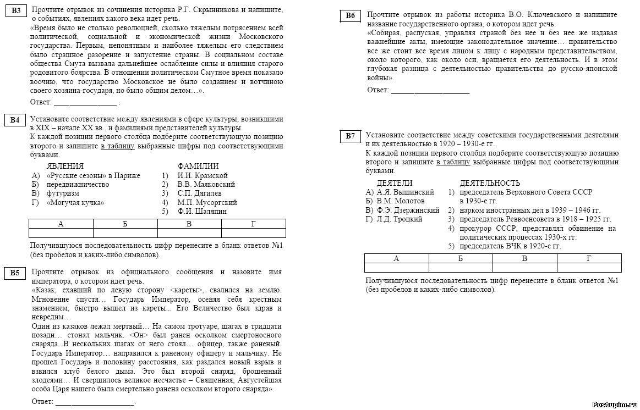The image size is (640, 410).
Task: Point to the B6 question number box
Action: pyautogui.click(x=350, y=16)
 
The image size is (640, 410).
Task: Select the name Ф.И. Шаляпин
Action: pyautogui.click(x=201, y=211)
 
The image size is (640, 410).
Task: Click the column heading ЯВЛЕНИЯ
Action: pyautogui.click(x=65, y=166)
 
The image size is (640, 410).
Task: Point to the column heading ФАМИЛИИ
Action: pyautogui.click(x=198, y=166)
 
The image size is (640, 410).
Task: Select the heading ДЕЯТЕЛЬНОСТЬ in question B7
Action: pyautogui.click(x=490, y=183)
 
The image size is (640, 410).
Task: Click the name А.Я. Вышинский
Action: pyautogui.click(x=405, y=192)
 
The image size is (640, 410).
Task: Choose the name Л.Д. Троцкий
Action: pyautogui.click(x=400, y=219)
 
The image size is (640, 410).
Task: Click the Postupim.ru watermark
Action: pyautogui.click(x=614, y=404)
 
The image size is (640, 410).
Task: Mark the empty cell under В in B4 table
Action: pyautogui.click(x=189, y=232)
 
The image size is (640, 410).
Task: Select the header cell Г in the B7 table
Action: pyautogui.click(x=589, y=258)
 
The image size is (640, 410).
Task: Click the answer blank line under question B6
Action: pyautogui.click(x=430, y=91)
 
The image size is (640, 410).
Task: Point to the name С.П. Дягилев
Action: pyautogui.click(x=199, y=193)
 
